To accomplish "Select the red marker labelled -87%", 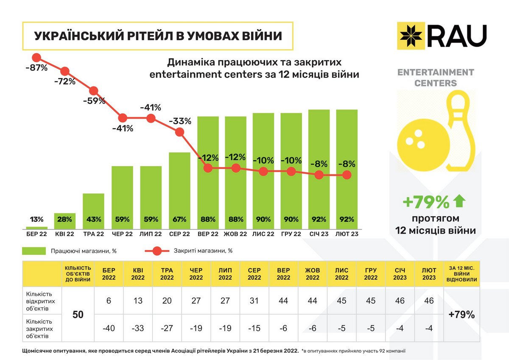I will (x=36, y=58).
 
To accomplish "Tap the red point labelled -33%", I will (x=179, y=132).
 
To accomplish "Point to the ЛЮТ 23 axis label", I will (x=347, y=234).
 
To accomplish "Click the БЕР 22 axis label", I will (x=36, y=234).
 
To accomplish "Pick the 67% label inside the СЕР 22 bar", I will (x=179, y=220).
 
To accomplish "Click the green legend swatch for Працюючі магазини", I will (x=34, y=251).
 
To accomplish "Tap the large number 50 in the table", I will (x=78, y=315).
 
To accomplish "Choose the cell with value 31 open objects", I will (x=254, y=301).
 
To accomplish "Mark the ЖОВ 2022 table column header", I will (x=312, y=274).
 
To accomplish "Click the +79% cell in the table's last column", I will (x=461, y=315).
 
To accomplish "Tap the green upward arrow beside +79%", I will (x=459, y=202).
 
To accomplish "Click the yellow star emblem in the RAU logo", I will (x=411, y=36).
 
